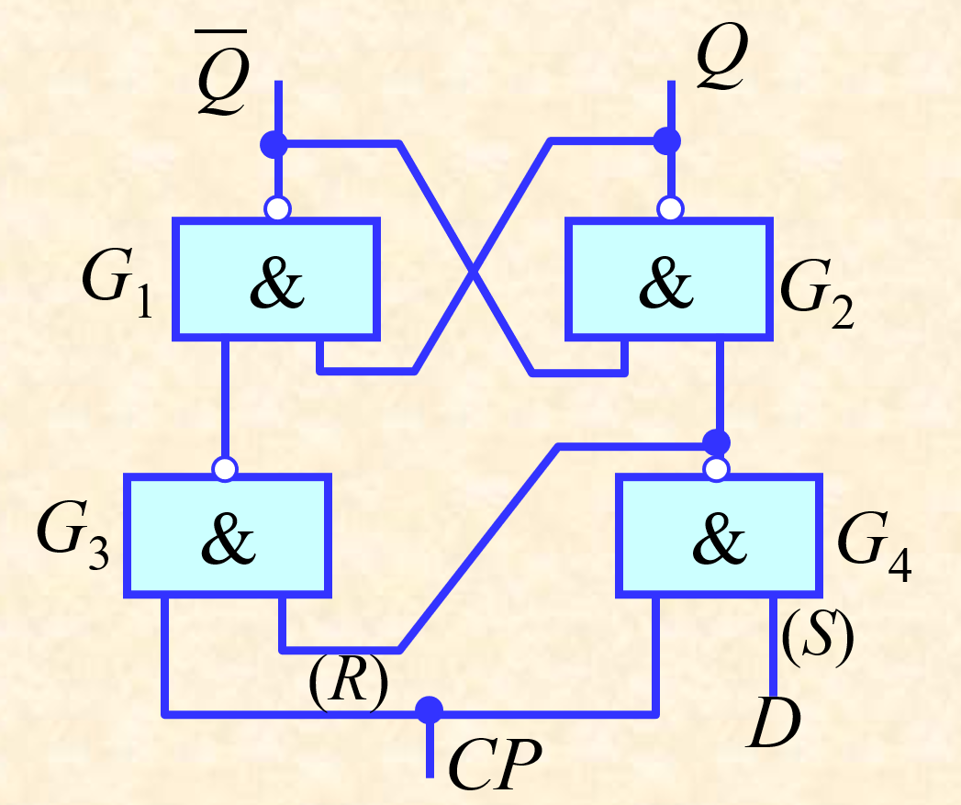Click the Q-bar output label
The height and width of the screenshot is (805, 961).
click(x=222, y=73)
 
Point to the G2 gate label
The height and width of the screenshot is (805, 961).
click(x=817, y=295)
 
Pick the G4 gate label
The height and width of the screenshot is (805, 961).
click(x=874, y=547)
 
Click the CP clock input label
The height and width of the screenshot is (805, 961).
click(x=496, y=764)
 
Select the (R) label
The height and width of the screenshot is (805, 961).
click(x=348, y=683)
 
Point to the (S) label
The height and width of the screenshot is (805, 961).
click(x=818, y=638)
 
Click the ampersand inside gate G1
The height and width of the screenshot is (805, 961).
click(x=276, y=283)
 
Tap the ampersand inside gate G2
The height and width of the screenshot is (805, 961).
click(x=666, y=283)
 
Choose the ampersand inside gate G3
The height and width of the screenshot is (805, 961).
click(x=228, y=538)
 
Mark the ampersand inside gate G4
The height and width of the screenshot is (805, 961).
click(x=720, y=538)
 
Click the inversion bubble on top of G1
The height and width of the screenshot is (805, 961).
click(x=277, y=208)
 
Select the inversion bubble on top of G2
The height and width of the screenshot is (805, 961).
click(x=670, y=208)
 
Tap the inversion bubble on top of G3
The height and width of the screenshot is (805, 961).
click(x=225, y=469)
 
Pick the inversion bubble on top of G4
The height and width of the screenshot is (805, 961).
click(x=717, y=469)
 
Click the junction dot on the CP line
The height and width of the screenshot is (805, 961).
click(x=429, y=710)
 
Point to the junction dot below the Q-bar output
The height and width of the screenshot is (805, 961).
click(x=274, y=145)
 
